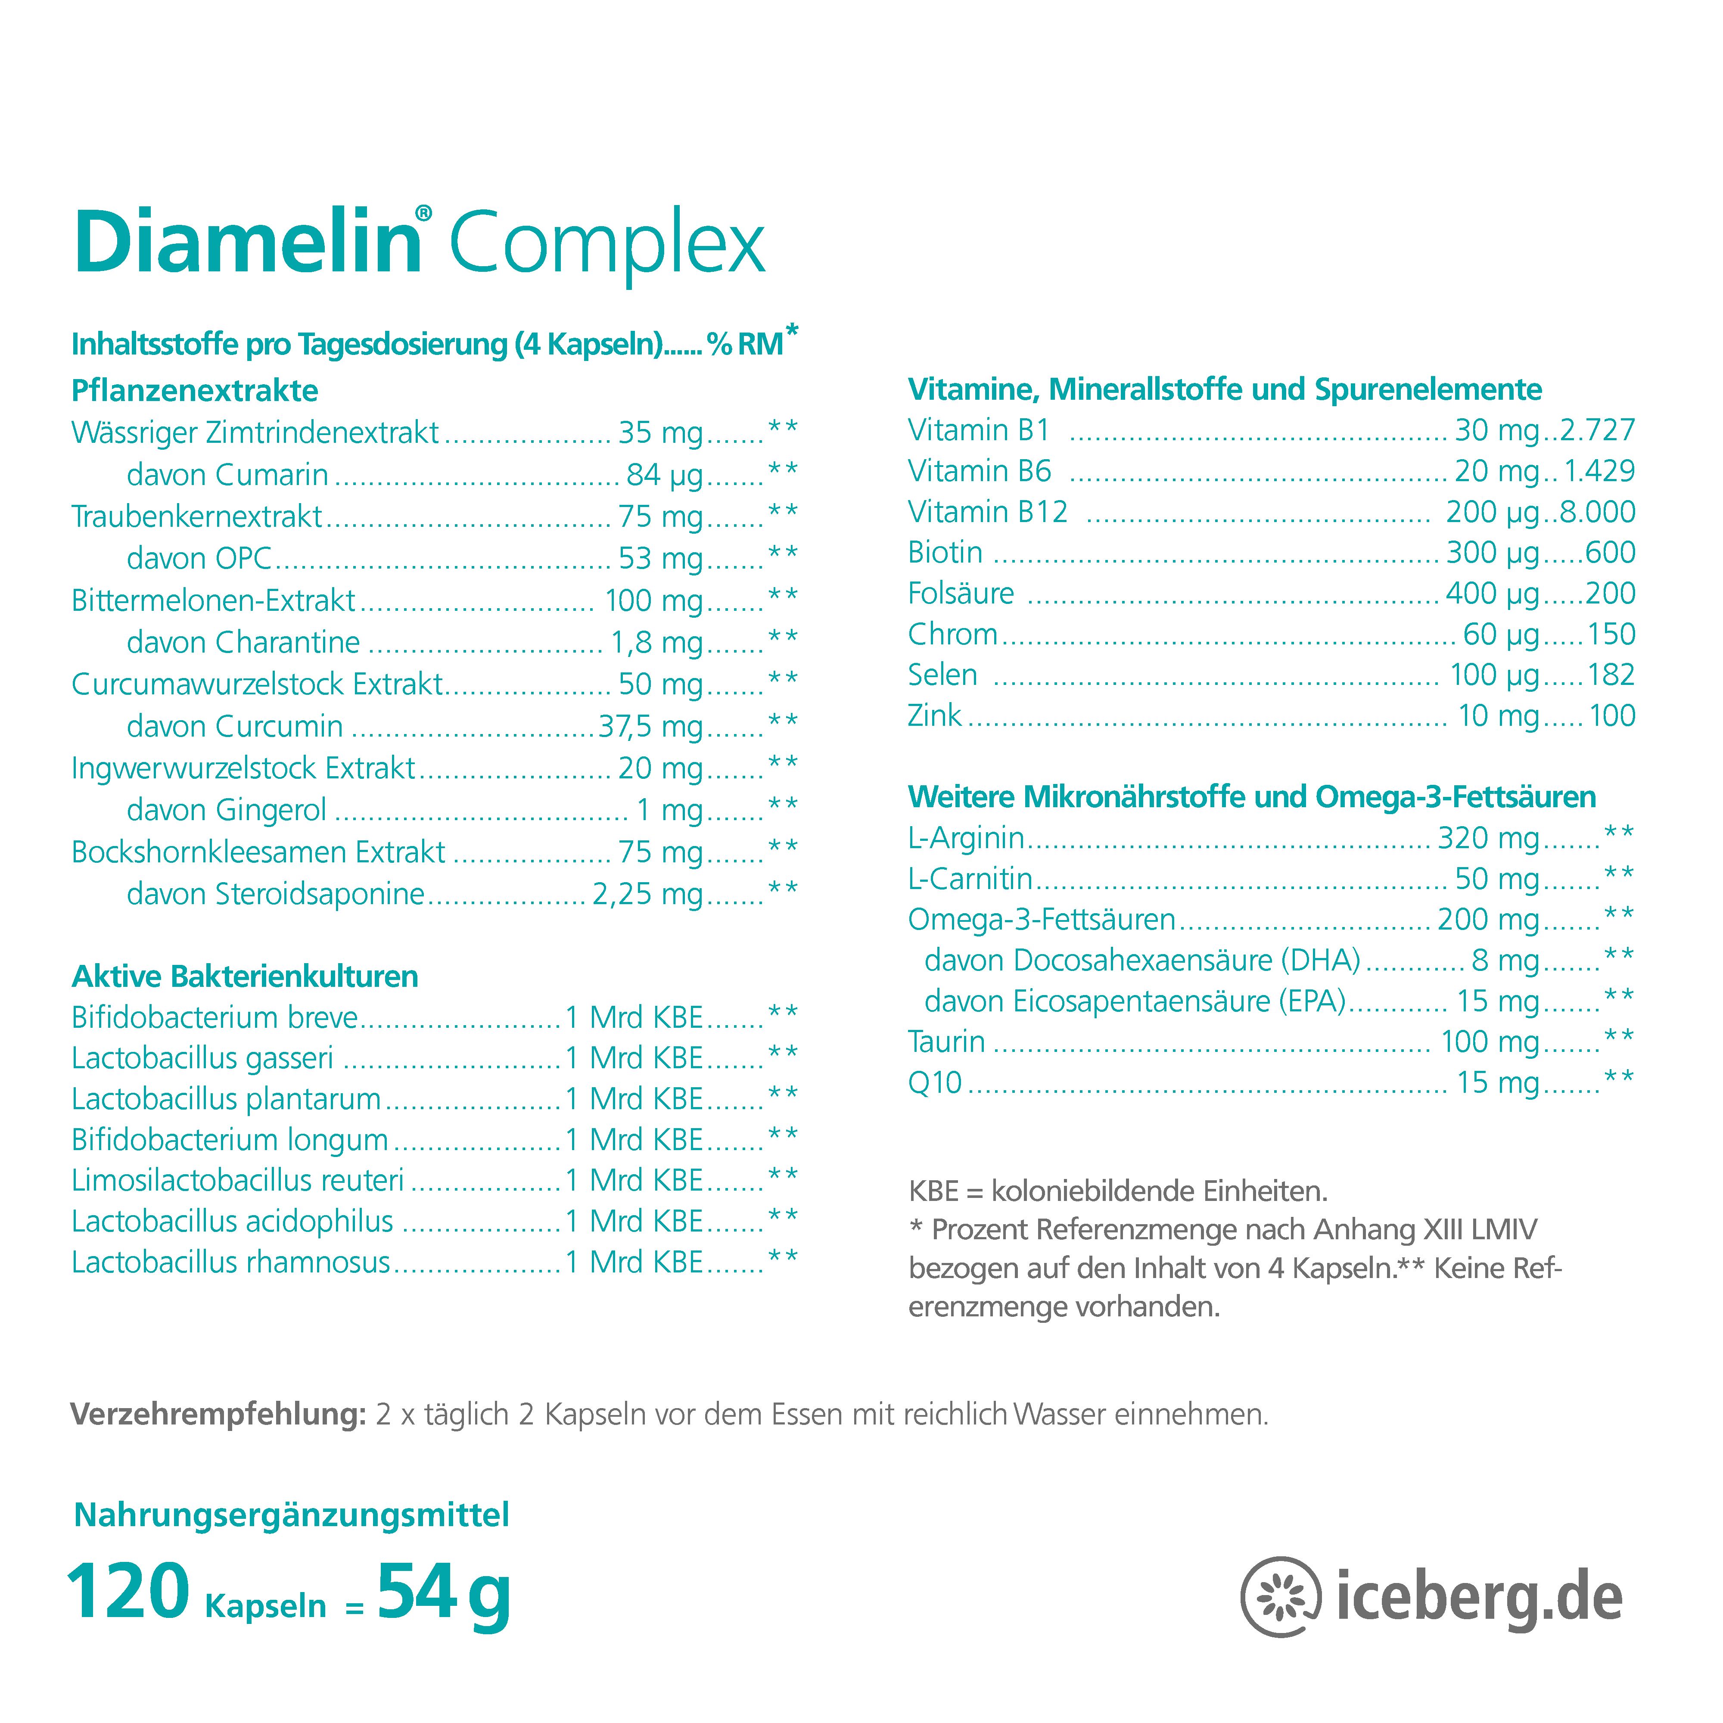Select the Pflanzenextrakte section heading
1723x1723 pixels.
click(194, 391)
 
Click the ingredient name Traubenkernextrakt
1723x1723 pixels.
click(196, 516)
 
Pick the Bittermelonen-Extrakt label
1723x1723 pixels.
click(213, 600)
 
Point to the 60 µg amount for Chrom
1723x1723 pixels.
click(1501, 634)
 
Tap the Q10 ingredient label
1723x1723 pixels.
click(934, 1082)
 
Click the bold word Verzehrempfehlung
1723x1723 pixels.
click(218, 1415)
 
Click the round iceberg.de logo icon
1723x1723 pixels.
click(1281, 1597)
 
